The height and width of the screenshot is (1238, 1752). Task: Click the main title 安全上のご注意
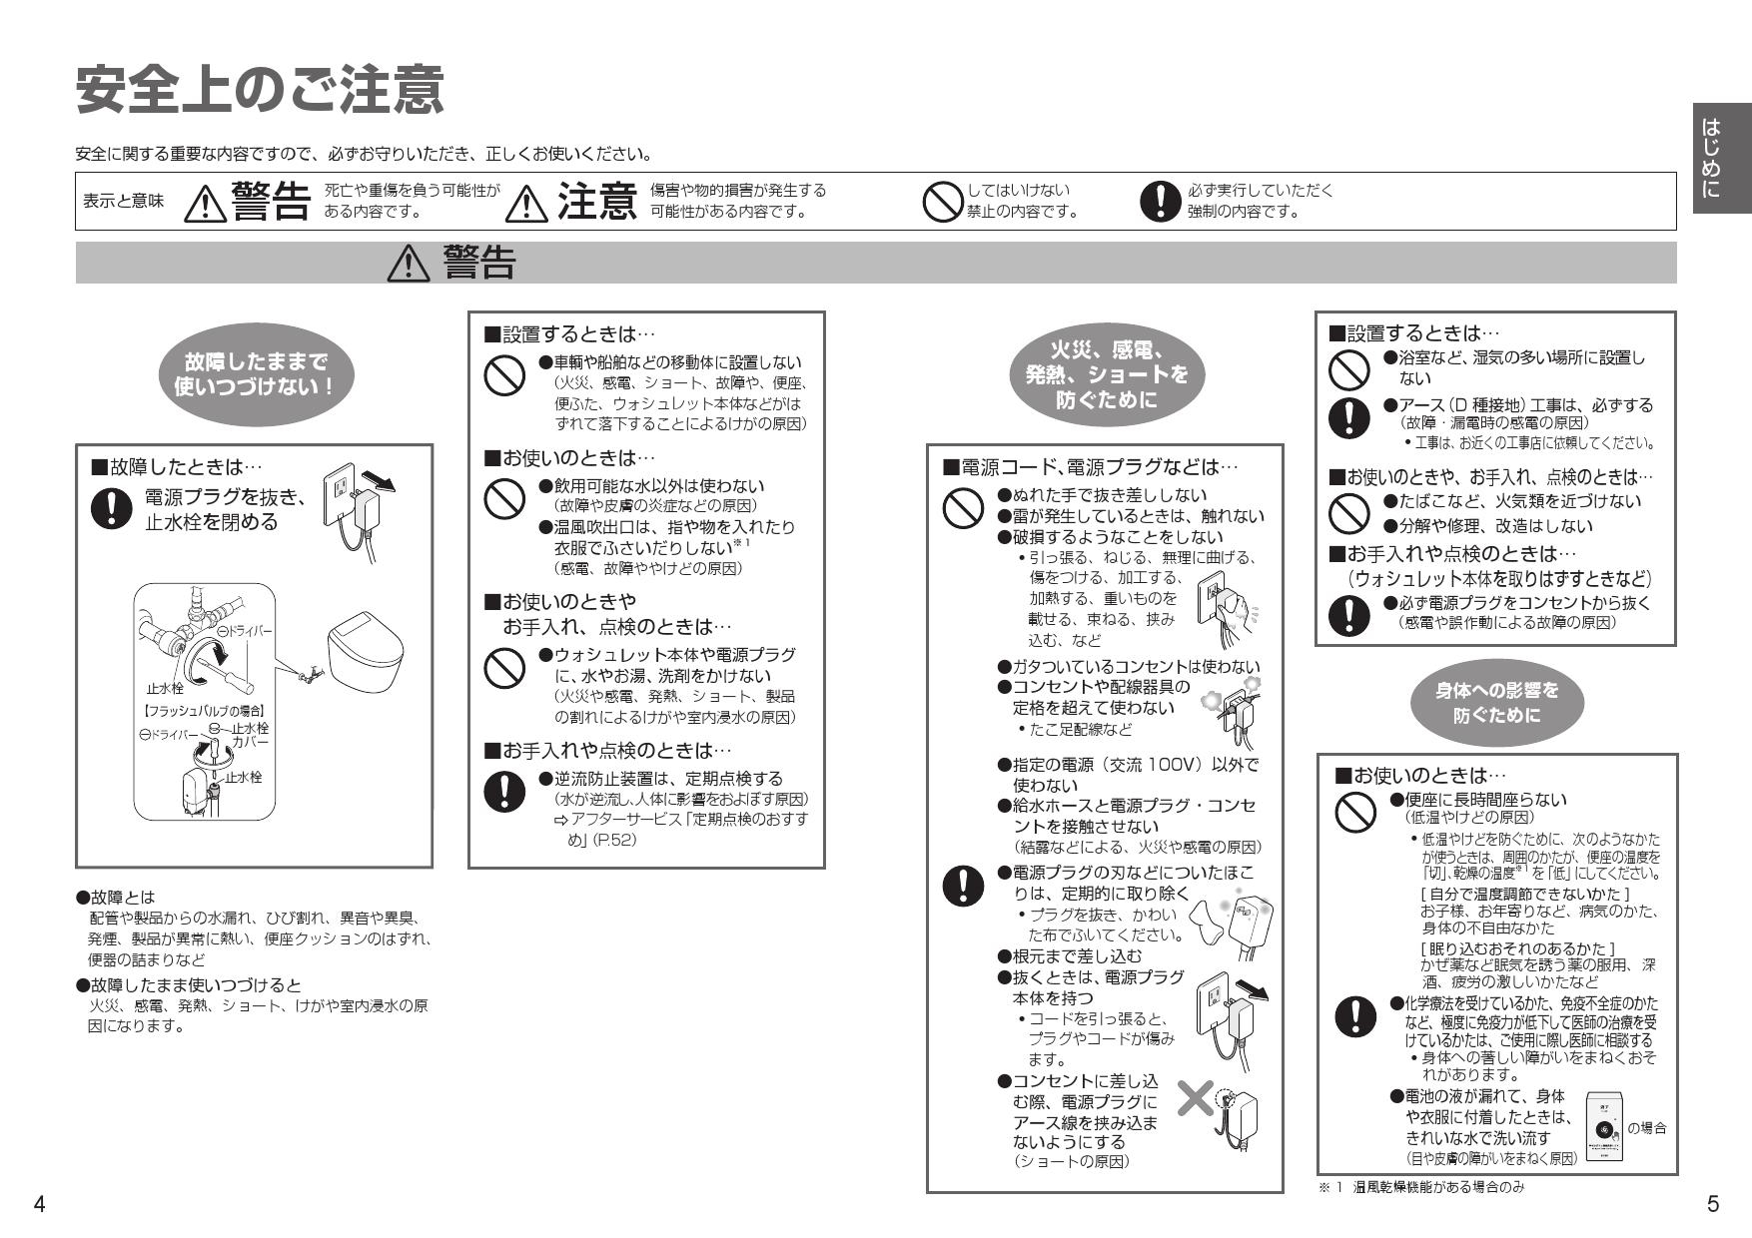(260, 91)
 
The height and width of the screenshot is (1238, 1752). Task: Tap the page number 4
(39, 1204)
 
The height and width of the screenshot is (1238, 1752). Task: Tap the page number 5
(1713, 1204)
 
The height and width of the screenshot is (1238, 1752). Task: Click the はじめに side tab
(1721, 157)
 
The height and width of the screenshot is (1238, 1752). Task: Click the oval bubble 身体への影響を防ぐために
(1496, 702)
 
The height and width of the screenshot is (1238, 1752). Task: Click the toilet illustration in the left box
(367, 651)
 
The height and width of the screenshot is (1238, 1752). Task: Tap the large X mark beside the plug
(1195, 1099)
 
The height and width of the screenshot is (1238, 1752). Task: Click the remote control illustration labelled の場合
(1605, 1128)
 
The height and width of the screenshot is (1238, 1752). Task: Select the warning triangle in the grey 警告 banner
(408, 264)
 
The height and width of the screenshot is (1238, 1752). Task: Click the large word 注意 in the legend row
(596, 201)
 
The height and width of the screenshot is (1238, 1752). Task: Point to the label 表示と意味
(123, 201)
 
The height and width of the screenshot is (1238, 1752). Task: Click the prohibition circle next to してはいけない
(941, 201)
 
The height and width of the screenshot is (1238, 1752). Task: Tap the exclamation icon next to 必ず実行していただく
(1159, 201)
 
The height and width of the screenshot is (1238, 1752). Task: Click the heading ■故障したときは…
(176, 466)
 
